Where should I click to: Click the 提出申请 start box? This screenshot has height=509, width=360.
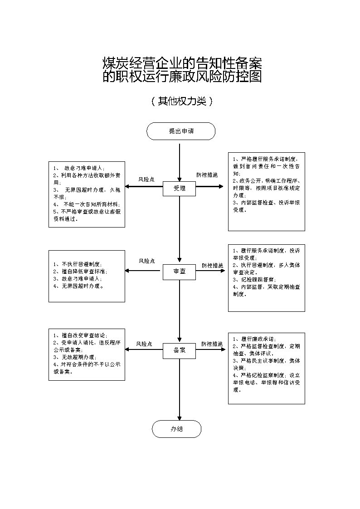tap(180, 131)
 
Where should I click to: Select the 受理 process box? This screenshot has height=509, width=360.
tap(180, 188)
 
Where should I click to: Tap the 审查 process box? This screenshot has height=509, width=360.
tap(179, 271)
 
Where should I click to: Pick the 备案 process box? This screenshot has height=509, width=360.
tap(179, 350)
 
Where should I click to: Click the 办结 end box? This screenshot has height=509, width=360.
tap(176, 429)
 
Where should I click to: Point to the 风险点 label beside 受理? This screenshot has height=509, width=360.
tap(146, 179)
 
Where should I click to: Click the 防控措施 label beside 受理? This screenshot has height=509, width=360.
tap(207, 175)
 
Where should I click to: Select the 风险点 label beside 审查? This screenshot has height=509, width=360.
tap(146, 261)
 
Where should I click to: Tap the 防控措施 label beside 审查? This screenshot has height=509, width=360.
tap(212, 265)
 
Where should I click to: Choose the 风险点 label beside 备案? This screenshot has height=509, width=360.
tap(145, 344)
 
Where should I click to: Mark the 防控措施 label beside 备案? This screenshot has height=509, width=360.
tap(212, 344)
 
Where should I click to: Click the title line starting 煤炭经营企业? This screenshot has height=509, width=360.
tap(182, 63)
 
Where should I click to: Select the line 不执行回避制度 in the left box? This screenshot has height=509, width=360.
tap(78, 264)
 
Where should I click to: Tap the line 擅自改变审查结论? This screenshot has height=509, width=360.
tap(80, 335)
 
